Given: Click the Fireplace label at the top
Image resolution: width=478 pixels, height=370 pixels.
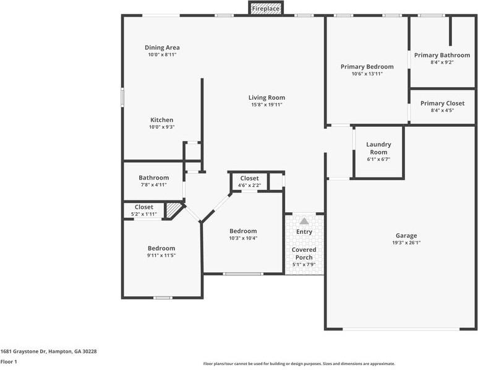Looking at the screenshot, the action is (265, 9).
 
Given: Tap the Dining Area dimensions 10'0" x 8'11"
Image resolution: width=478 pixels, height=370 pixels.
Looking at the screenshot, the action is (162, 55).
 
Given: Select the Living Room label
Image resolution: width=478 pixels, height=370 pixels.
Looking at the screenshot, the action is (267, 98).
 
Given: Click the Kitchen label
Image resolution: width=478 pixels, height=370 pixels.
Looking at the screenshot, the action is (162, 120).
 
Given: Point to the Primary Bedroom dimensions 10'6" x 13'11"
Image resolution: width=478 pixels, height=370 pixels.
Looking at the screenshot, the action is (367, 74).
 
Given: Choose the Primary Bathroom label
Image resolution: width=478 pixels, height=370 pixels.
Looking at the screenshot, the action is (442, 55).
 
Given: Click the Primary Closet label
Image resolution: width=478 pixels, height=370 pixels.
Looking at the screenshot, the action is (442, 103).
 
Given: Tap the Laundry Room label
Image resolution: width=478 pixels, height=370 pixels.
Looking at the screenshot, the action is (378, 148).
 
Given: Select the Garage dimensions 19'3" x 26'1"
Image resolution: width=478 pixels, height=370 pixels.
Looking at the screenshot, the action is (406, 243).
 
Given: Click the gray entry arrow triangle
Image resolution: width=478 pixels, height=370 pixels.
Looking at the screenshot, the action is (304, 221).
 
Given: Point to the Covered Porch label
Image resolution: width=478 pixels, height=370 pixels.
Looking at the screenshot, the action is (304, 254).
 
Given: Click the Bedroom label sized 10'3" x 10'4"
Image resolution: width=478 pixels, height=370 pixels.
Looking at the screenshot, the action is (243, 231).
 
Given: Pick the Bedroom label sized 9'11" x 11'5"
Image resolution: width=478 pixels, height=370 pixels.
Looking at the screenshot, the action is (161, 248).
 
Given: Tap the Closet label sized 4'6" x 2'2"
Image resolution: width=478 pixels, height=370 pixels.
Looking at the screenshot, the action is (249, 178).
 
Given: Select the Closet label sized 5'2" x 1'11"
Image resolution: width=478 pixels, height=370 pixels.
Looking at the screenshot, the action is (144, 207).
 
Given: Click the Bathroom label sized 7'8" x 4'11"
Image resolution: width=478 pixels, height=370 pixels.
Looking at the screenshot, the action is (153, 178).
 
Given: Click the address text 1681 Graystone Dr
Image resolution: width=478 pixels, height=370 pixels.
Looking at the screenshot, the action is (23, 351).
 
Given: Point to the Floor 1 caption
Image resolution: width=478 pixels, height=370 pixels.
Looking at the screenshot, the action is (9, 362).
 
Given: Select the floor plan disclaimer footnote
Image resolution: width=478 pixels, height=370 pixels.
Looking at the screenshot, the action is (299, 364).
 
